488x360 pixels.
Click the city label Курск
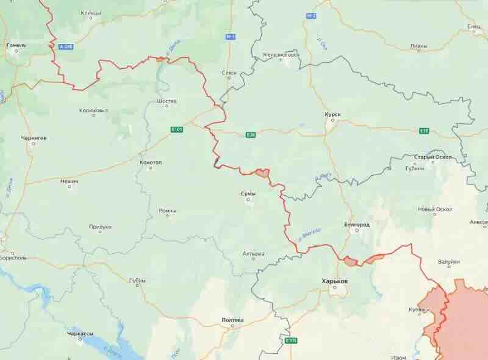pyautogui.click(x=333, y=113)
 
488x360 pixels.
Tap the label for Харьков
pyautogui.click(x=335, y=281)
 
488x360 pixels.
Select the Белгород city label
pyautogui.click(x=357, y=225)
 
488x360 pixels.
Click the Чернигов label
pyautogui.click(x=34, y=138)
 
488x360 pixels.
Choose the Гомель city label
pyautogui.click(x=16, y=45)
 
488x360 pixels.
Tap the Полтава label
pyautogui.click(x=232, y=320)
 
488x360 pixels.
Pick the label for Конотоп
pyautogui.click(x=151, y=162)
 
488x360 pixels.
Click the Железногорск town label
pyautogui.click(x=281, y=54)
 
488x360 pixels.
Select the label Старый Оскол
pyautogui.click(x=433, y=157)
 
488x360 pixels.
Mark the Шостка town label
pyautogui.click(x=167, y=101)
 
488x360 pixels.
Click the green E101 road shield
pyautogui.click(x=176, y=129)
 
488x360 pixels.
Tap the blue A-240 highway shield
pyautogui.click(x=65, y=46)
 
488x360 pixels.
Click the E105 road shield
pyautogui.click(x=291, y=340)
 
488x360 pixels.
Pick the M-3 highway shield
pyautogui.click(x=230, y=37)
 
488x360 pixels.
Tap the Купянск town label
pyautogui.click(x=420, y=309)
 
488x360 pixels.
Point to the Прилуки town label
pyautogui.click(x=100, y=226)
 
